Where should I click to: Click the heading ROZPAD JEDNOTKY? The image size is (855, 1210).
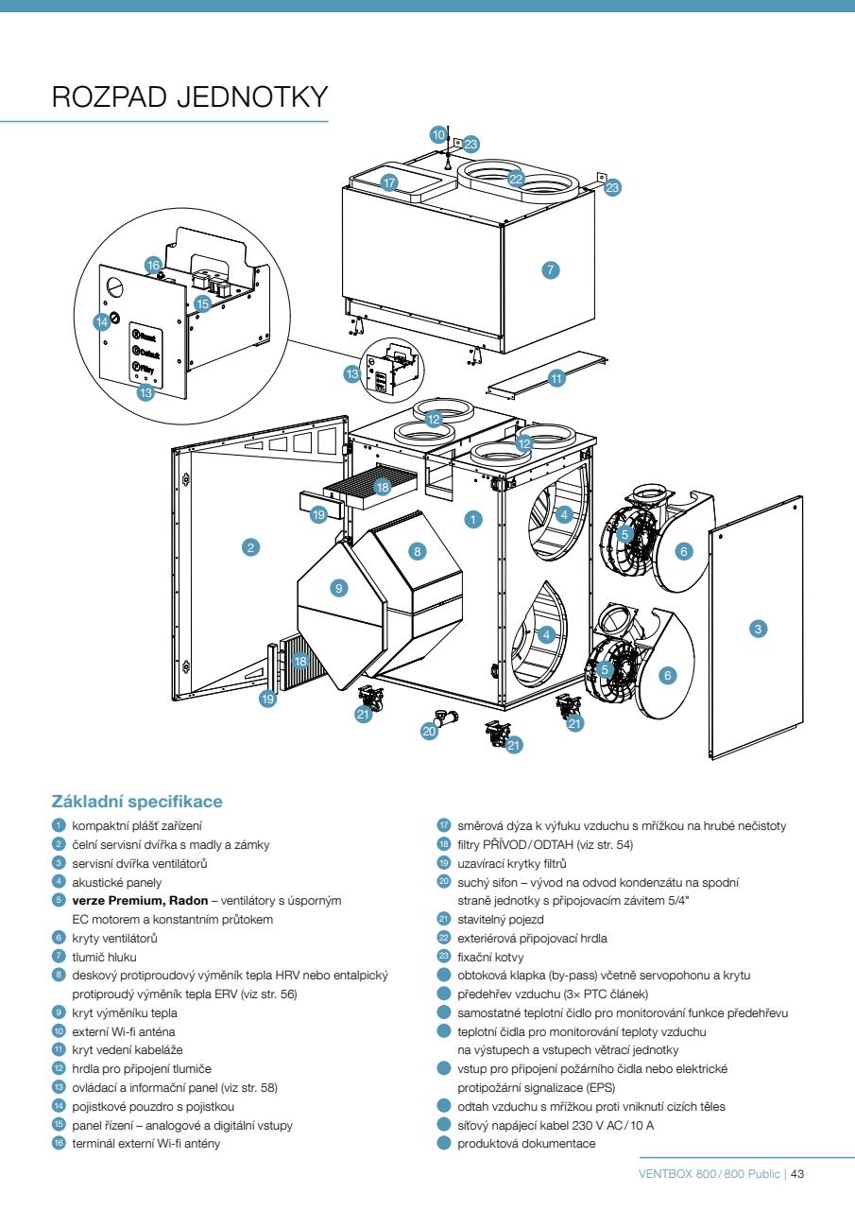(x=190, y=97)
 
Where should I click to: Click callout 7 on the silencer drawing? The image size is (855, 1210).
(x=552, y=269)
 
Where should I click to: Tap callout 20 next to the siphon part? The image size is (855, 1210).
(x=430, y=732)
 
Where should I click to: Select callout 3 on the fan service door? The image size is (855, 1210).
(x=757, y=628)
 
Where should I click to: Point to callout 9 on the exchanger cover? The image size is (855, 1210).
(x=339, y=588)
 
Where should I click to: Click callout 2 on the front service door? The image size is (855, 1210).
(x=250, y=546)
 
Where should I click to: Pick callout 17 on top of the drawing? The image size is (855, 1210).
(x=389, y=182)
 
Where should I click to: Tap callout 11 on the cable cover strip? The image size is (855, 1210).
(x=556, y=378)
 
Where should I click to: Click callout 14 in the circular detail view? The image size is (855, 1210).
(x=102, y=321)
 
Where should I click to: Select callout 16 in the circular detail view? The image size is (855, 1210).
(x=153, y=265)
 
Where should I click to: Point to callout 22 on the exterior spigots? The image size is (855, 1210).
(x=516, y=178)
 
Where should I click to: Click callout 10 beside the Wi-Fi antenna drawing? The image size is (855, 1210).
(x=438, y=135)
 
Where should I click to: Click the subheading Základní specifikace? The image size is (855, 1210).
(x=137, y=802)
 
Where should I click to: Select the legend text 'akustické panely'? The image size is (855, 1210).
(x=111, y=882)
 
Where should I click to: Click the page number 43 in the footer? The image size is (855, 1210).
(x=796, y=1174)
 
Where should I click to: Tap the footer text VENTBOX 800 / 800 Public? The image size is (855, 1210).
(x=710, y=1174)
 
